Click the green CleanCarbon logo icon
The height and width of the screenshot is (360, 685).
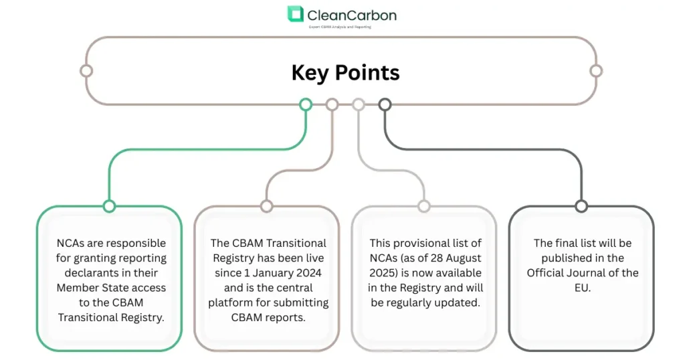point(295,14)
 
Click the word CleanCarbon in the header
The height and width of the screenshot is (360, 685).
point(351,14)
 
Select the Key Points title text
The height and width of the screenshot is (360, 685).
point(345,72)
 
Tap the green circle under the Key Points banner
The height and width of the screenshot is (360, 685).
point(306,104)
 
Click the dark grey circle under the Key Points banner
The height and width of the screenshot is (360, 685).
point(385,104)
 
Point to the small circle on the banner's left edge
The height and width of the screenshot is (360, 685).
point(86,71)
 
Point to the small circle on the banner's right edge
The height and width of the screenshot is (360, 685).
point(596,71)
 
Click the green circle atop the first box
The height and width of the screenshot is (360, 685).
point(109,206)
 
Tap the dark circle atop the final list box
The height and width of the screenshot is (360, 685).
point(581,206)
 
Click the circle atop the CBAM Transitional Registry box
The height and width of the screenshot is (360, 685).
point(266,206)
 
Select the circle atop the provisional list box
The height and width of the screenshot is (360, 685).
point(423,206)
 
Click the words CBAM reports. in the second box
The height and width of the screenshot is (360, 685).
point(267,317)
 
